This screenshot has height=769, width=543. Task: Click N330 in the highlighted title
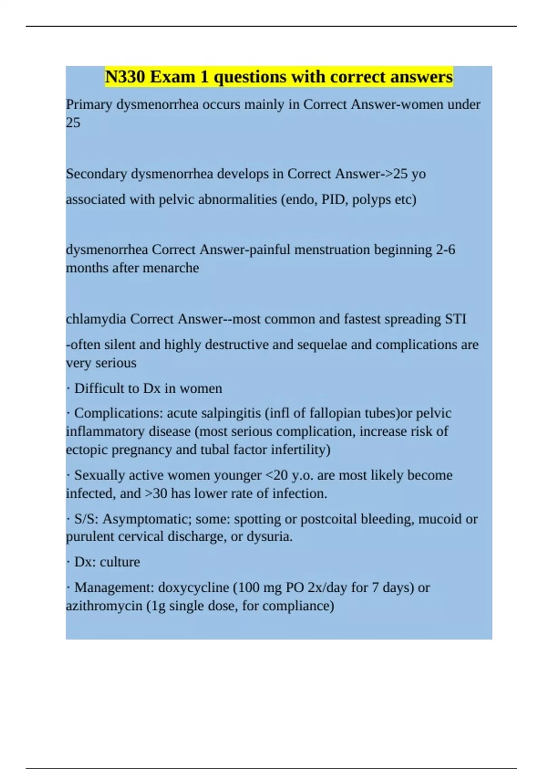[x=125, y=77]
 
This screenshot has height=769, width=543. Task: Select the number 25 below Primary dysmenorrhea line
[x=73, y=123]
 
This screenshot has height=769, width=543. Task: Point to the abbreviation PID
[x=333, y=199]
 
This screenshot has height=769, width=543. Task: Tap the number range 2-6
[x=445, y=250]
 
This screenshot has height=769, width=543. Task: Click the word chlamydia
[x=96, y=319]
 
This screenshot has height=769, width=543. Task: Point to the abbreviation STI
[x=455, y=319]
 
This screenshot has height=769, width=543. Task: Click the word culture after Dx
[x=120, y=562]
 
